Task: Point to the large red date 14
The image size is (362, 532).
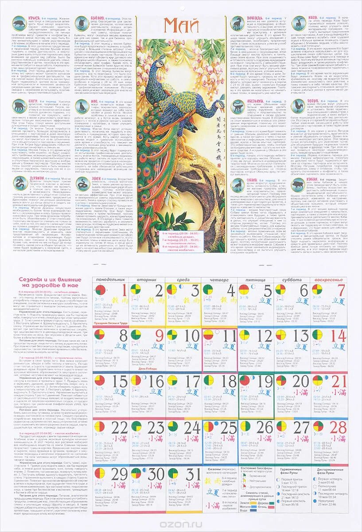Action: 338,336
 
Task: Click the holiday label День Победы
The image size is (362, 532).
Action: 148,369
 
